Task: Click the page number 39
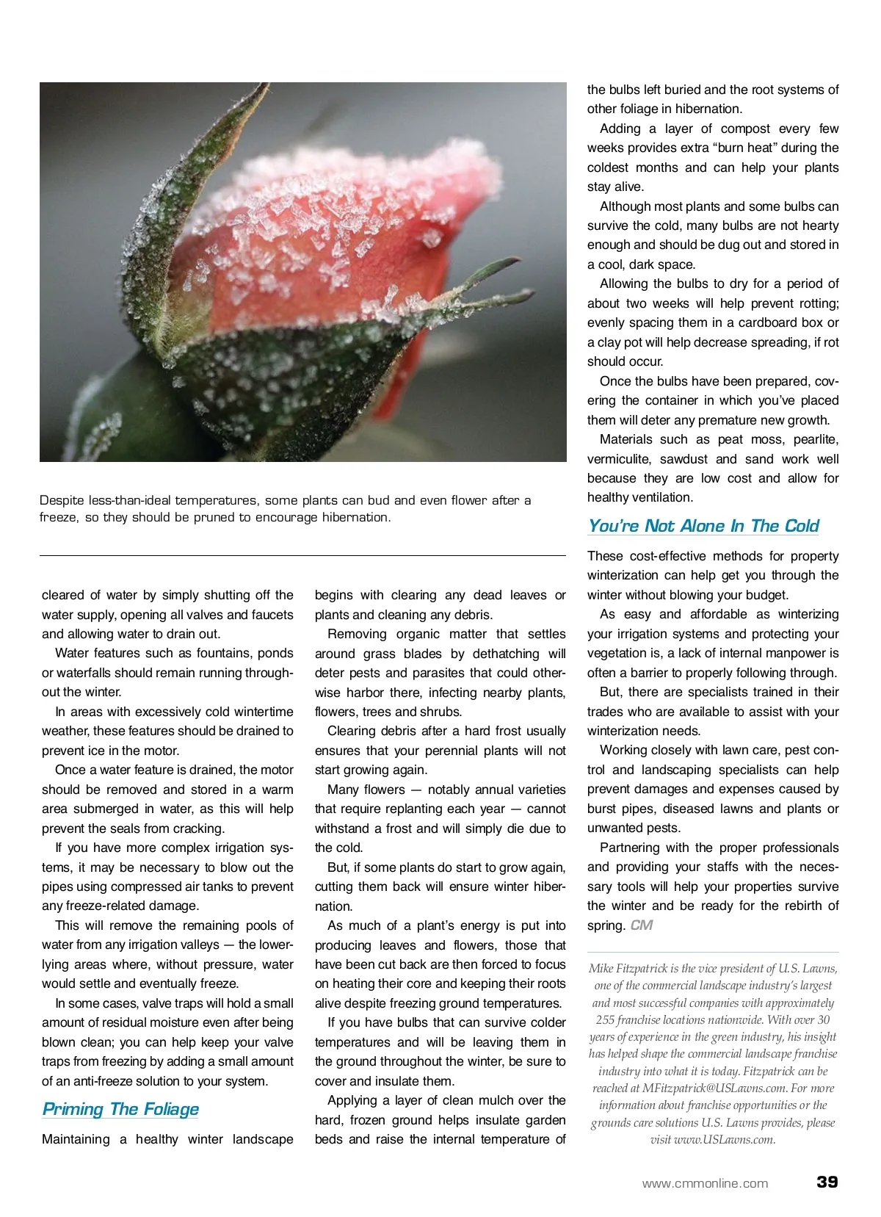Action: coord(827,1182)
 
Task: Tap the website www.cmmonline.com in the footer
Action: coord(705,1183)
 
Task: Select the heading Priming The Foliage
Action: coord(120,1109)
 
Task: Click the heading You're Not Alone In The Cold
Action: coord(703,526)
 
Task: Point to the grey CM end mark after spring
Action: coord(641,925)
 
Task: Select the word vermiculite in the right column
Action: coord(618,459)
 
